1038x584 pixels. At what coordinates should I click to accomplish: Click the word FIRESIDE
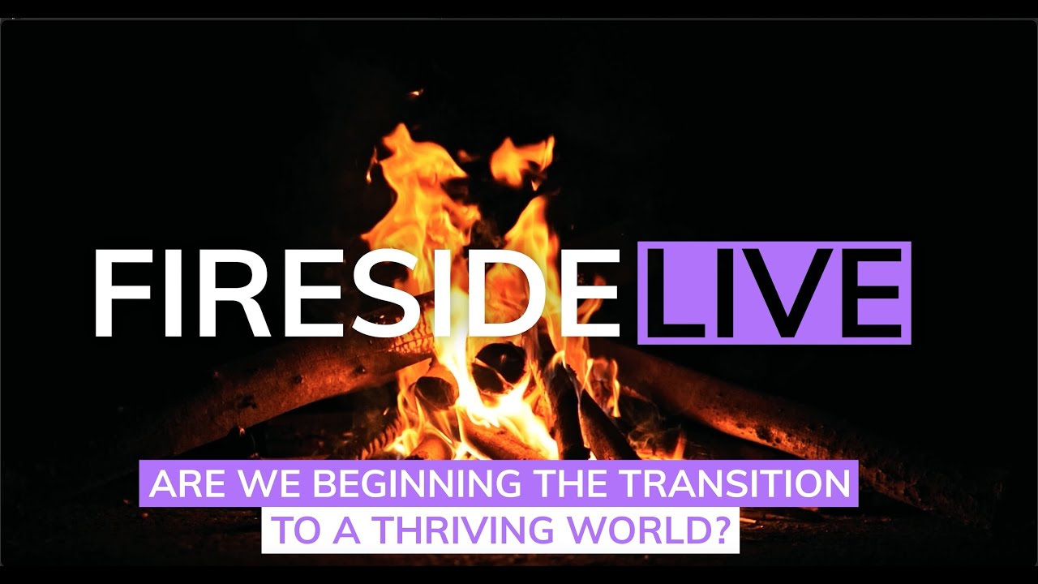pos(356,293)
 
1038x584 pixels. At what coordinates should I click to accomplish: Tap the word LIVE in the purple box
pos(774,293)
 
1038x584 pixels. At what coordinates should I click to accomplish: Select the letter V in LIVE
pos(783,293)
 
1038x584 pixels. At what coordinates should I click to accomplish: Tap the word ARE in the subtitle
pos(186,483)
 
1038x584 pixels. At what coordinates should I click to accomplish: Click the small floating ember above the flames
pos(416,92)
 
